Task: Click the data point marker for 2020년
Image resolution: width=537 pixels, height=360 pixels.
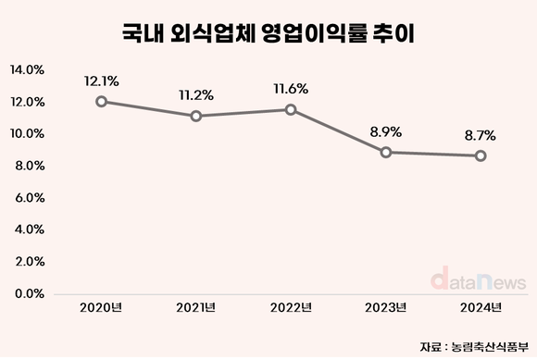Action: tap(100, 101)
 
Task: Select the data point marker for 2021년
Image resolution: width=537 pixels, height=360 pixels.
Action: tap(196, 116)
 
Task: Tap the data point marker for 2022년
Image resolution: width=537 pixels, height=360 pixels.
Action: tap(292, 109)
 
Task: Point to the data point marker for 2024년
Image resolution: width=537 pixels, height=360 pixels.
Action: tap(481, 155)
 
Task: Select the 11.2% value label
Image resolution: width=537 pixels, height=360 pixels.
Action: tap(196, 94)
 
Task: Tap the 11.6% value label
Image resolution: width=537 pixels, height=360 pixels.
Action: tap(292, 88)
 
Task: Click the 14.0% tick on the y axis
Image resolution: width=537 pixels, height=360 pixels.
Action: tap(27, 69)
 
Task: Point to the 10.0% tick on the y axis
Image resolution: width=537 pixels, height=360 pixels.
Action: tap(27, 133)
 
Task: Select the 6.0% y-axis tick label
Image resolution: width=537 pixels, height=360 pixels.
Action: tap(29, 197)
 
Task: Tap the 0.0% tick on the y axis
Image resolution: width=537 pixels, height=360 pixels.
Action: tap(29, 293)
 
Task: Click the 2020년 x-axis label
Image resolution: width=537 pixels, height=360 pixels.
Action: tap(100, 307)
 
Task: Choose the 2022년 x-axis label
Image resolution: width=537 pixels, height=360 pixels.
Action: tap(292, 307)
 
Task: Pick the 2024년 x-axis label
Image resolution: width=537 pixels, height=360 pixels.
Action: tap(481, 307)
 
